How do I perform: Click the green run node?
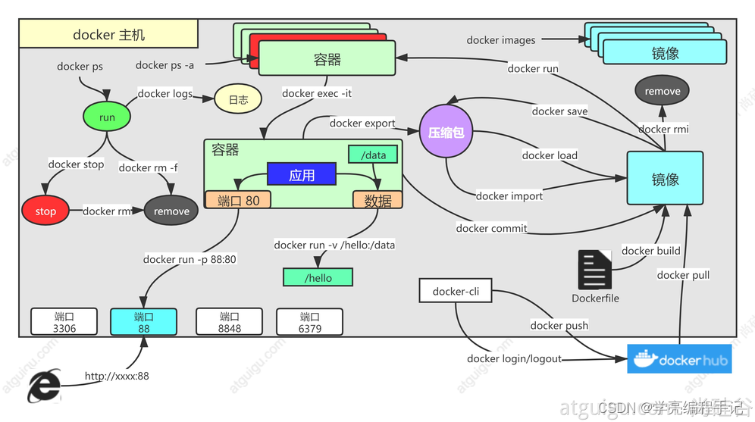pyautogui.click(x=107, y=117)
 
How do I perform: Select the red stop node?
pyautogui.click(x=45, y=211)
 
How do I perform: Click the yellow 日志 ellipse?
pyautogui.click(x=238, y=99)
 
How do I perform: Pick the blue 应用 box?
pyautogui.click(x=301, y=175)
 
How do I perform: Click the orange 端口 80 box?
pyautogui.click(x=238, y=200)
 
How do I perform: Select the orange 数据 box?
pyautogui.click(x=377, y=200)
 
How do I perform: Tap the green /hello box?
pyautogui.click(x=318, y=277)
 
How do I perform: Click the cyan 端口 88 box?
pyautogui.click(x=143, y=322)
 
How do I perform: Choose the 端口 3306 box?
pyautogui.click(x=64, y=322)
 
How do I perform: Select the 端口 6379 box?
pyautogui.click(x=309, y=322)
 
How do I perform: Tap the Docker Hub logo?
pyautogui.click(x=679, y=359)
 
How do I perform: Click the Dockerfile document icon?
pyautogui.click(x=594, y=270)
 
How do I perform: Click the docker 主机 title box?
pyautogui.click(x=109, y=35)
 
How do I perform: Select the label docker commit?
pyautogui.click(x=491, y=228)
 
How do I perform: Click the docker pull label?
pyautogui.click(x=683, y=274)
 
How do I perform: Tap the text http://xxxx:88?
pyautogui.click(x=117, y=376)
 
